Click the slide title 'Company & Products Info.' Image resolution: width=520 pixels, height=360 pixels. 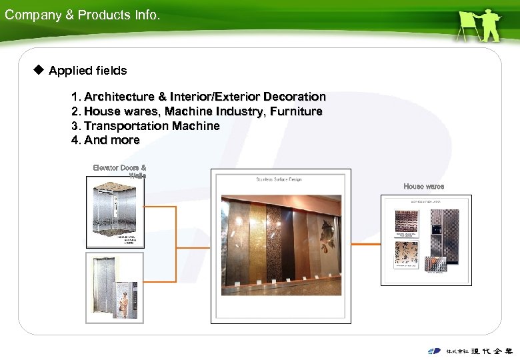pyautogui.click(x=82, y=15)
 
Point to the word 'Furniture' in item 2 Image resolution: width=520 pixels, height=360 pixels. pyautogui.click(x=296, y=111)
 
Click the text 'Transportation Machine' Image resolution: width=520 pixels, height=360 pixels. pyautogui.click(x=152, y=126)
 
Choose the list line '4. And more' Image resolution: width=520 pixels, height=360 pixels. pyautogui.click(x=105, y=140)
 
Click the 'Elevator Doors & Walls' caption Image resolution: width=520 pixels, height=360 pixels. pyautogui.click(x=120, y=171)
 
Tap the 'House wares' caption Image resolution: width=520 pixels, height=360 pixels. pyautogui.click(x=423, y=186)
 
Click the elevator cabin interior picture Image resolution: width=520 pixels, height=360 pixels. pyautogui.click(x=115, y=207)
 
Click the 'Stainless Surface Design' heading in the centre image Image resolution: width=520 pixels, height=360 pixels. pyautogui.click(x=279, y=179)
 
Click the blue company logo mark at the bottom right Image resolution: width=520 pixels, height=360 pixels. pyautogui.click(x=434, y=351)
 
